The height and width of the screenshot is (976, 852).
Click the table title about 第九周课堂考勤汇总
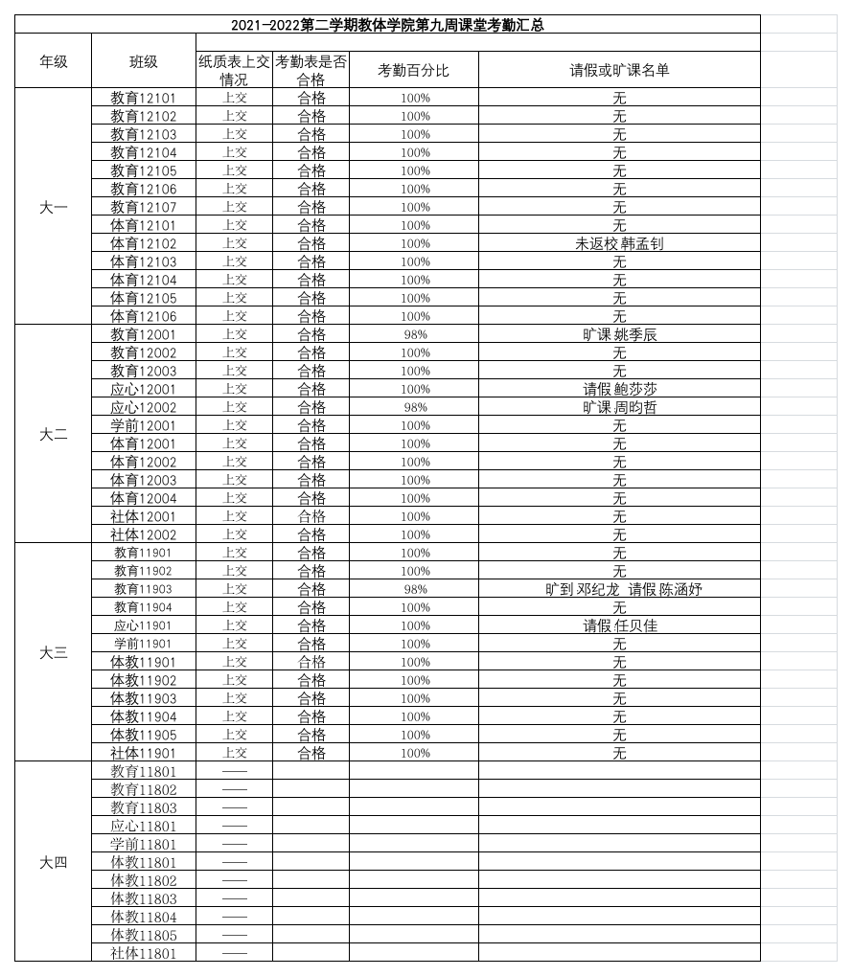387,25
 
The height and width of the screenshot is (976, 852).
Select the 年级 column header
53,61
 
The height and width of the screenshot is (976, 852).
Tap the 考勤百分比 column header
413,70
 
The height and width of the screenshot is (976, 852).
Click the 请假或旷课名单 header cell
619,70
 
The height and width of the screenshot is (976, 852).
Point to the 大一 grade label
53,207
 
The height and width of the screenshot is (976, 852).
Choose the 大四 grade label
53,862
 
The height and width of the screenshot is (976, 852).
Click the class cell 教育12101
144,98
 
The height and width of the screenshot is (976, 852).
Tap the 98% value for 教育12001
415,334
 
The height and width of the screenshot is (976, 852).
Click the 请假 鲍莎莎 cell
619,389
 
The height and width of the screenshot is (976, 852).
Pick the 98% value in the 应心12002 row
415,407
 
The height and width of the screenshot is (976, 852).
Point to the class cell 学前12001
144,425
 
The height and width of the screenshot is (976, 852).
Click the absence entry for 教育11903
623,589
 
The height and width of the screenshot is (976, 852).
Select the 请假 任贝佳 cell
619,625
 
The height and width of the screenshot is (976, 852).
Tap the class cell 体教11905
144,735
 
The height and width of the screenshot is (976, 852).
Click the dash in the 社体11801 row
234,953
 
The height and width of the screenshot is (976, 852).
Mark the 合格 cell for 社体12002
311,534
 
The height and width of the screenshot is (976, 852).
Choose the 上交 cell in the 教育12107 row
234,207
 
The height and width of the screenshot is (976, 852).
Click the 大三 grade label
53,653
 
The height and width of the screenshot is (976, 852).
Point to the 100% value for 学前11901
415,644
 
